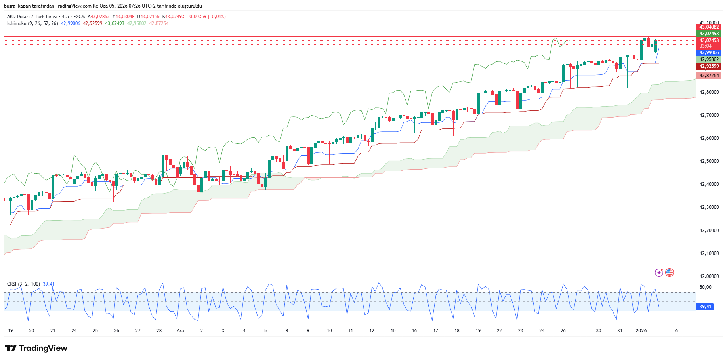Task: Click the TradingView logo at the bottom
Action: tap(36, 348)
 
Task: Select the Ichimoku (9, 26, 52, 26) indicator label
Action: tap(32, 23)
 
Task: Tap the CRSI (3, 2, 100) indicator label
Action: tap(23, 284)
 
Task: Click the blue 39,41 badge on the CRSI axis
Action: tap(705, 307)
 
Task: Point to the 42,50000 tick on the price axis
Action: tap(709, 161)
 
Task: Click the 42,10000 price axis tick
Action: tap(709, 253)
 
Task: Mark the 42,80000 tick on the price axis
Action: tap(709, 92)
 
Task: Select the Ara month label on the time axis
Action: tap(180, 331)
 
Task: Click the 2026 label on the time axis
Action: tap(641, 331)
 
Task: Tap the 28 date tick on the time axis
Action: tap(159, 331)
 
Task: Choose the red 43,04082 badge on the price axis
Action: tap(709, 27)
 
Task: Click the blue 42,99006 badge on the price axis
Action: tap(709, 53)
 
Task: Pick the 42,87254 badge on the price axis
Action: tap(709, 76)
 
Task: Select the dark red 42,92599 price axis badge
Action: tap(709, 66)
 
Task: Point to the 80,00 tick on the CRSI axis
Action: tap(705, 287)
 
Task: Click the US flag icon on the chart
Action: tap(670, 272)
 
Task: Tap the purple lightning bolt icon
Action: tap(659, 272)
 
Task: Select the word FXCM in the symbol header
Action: tap(79, 17)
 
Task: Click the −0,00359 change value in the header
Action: tap(197, 17)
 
